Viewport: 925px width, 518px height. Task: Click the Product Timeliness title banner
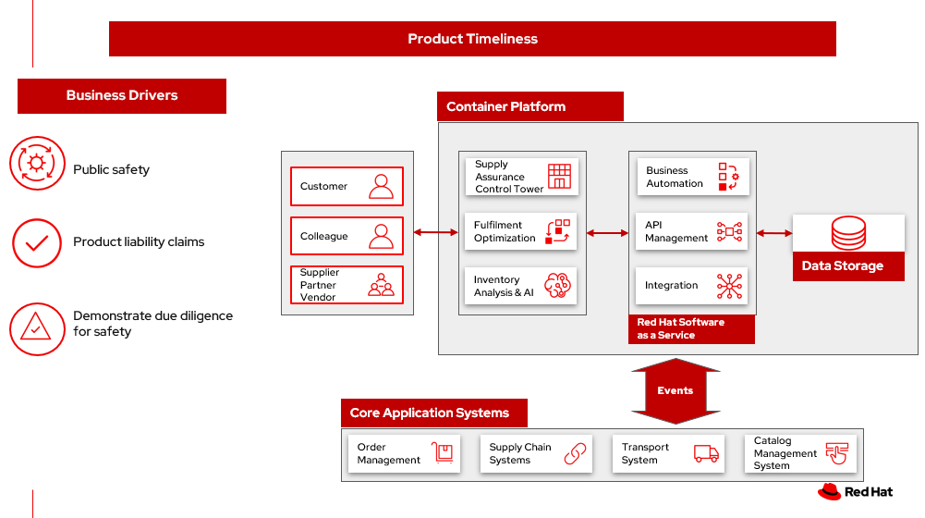[472, 39]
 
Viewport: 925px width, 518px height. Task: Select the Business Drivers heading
[122, 95]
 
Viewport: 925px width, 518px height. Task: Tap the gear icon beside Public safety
[37, 164]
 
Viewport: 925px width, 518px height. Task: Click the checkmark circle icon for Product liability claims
[37, 243]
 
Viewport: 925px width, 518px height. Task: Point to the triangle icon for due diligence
[36, 327]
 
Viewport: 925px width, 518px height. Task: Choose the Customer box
[347, 186]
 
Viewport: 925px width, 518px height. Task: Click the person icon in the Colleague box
[381, 236]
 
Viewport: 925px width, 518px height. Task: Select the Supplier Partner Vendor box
[347, 285]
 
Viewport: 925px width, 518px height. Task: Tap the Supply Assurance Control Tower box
[521, 177]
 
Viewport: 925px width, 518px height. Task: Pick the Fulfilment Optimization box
[521, 231]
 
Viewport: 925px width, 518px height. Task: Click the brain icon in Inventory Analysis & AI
[558, 286]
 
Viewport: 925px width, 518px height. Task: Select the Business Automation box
[692, 177]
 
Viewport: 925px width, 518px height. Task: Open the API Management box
[692, 231]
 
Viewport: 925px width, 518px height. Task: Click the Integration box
[692, 286]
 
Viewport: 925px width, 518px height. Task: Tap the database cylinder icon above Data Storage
[848, 233]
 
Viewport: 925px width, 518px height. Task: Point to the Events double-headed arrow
[675, 390]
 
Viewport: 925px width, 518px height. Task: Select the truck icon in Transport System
[706, 453]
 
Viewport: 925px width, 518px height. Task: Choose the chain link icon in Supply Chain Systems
[576, 453]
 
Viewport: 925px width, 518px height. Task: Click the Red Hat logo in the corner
[855, 492]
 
